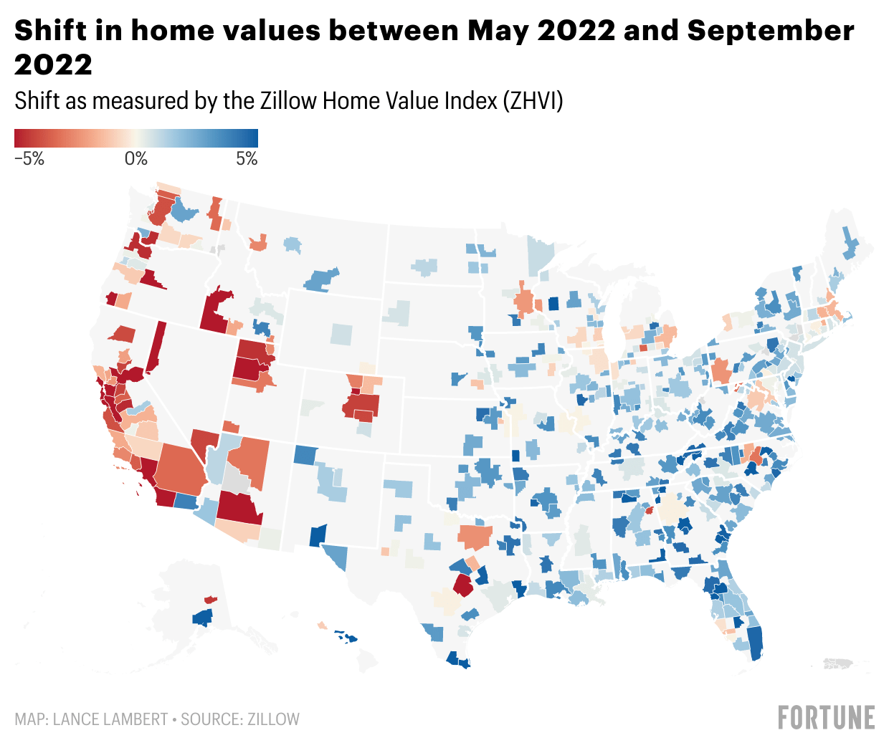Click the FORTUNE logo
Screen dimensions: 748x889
pos(827,718)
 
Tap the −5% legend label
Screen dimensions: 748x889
pos(29,159)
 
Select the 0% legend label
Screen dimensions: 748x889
pos(136,159)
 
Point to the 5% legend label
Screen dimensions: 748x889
pos(247,159)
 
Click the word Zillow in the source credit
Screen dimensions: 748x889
pos(274,719)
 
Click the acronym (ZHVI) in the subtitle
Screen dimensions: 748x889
pos(533,101)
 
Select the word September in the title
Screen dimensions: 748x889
pos(771,31)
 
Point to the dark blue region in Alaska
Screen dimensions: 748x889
pos(203,617)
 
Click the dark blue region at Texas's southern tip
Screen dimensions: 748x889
pos(457,661)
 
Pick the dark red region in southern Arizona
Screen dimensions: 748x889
pos(239,508)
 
